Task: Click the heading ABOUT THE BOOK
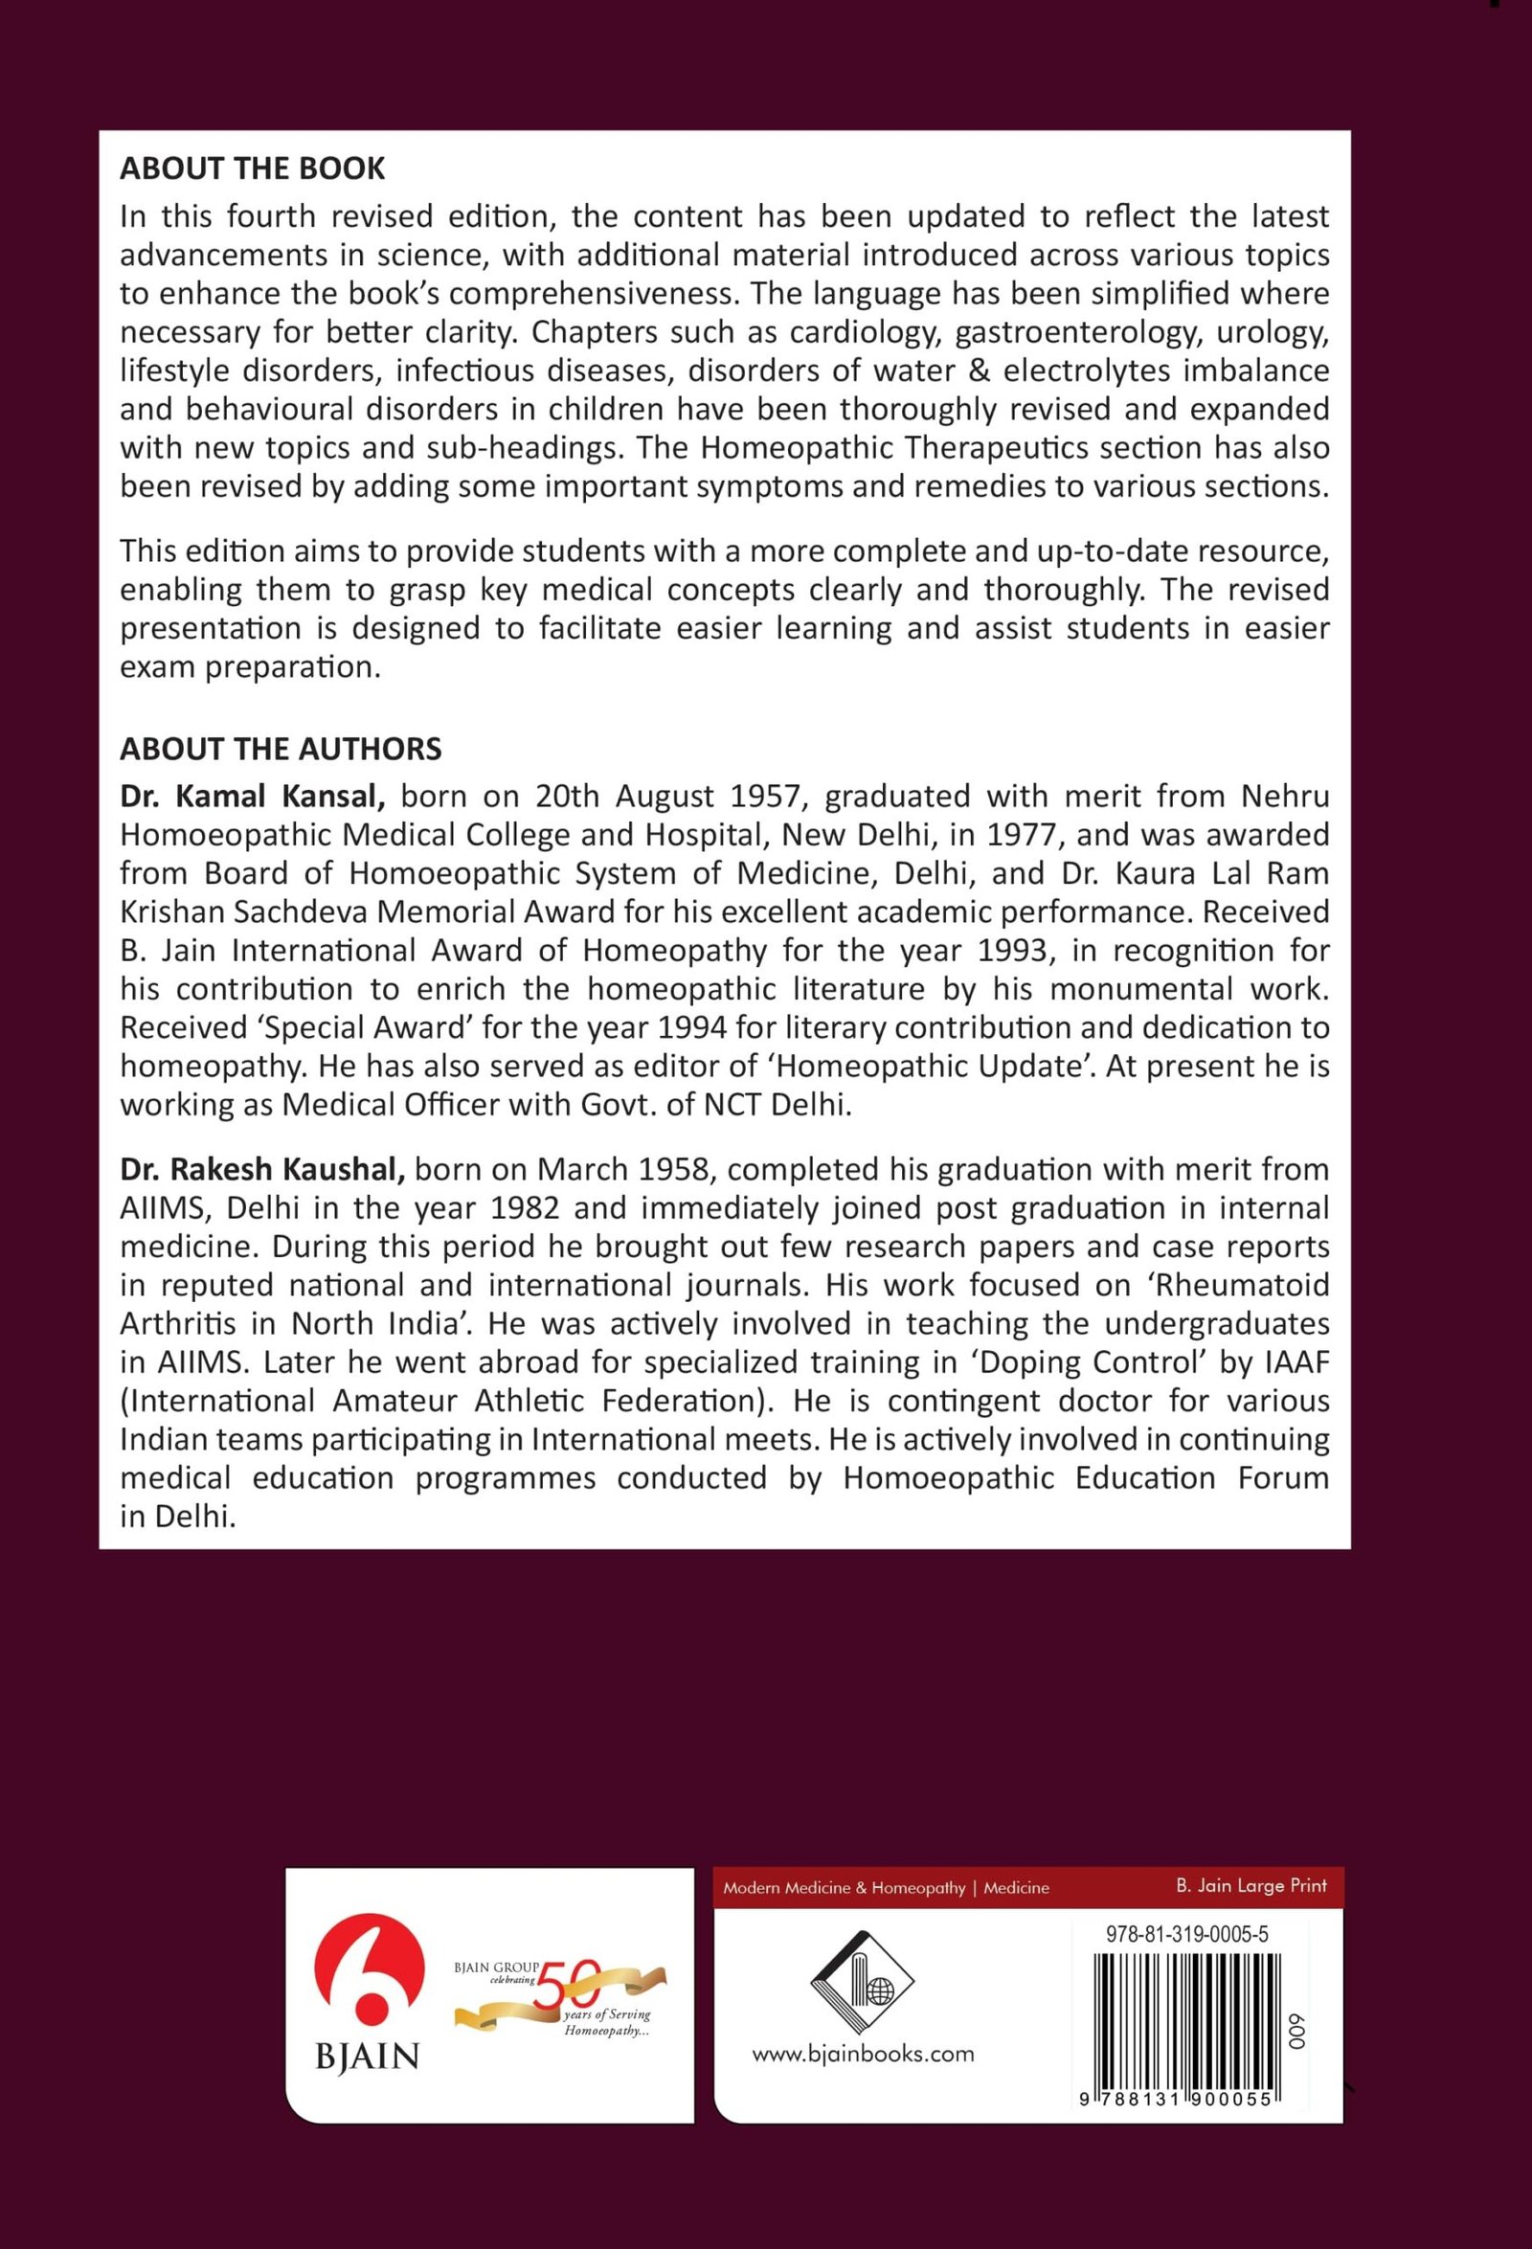click(252, 169)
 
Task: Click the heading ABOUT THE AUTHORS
click(281, 749)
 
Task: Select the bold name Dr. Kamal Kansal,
click(253, 797)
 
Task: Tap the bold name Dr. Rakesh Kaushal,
click(262, 1169)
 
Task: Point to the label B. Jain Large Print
click(1250, 1885)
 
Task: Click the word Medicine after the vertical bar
click(1016, 1887)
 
